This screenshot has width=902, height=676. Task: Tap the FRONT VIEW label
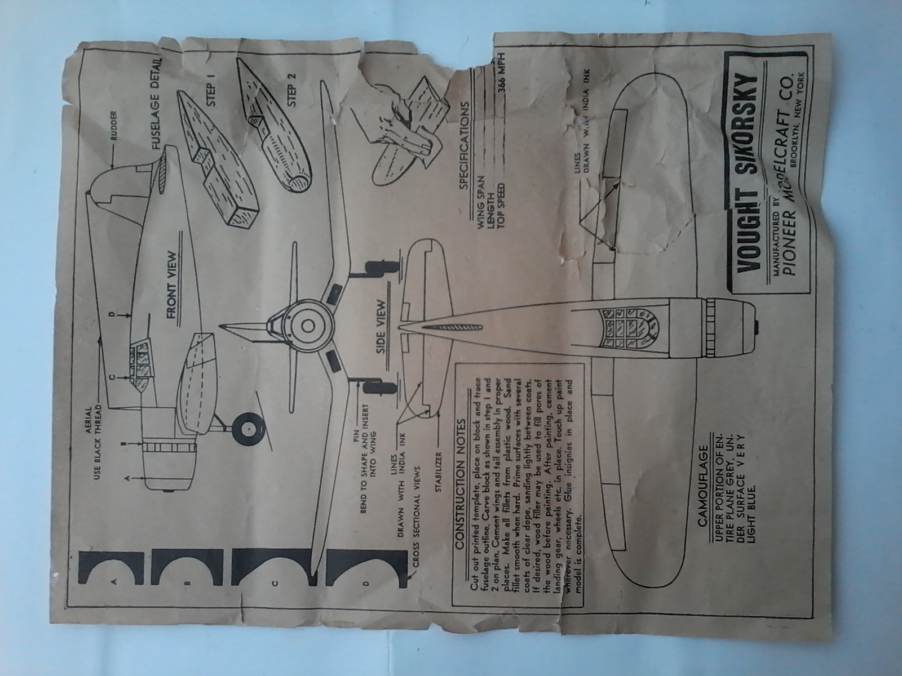(x=172, y=284)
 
